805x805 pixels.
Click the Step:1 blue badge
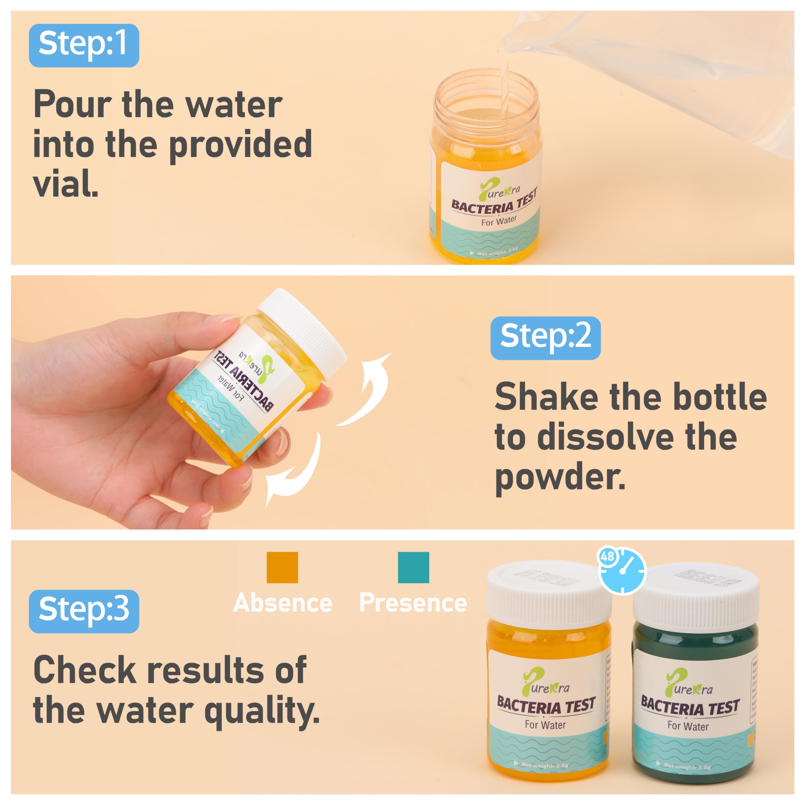coord(84,45)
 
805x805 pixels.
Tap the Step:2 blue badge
coord(545,338)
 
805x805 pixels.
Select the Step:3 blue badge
coord(84,611)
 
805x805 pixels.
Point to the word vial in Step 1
coord(65,183)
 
